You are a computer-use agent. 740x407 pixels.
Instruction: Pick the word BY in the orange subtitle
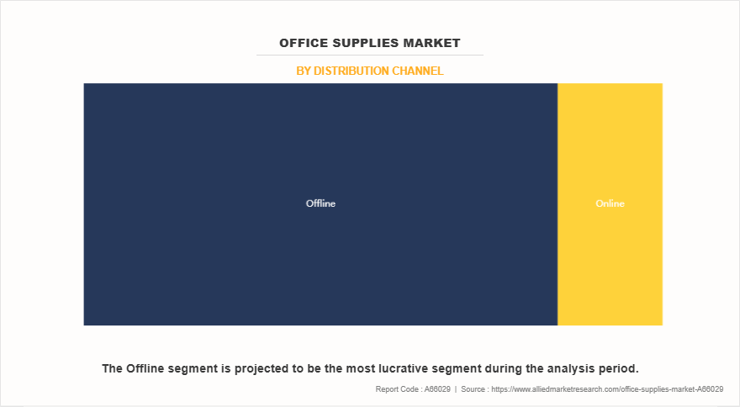[x=304, y=71]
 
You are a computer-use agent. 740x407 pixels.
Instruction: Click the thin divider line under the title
[x=370, y=55]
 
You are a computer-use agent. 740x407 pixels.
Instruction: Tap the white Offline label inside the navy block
[x=320, y=203]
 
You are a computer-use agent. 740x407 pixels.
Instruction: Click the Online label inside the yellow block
[x=610, y=203]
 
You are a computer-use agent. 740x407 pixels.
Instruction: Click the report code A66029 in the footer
[x=436, y=389]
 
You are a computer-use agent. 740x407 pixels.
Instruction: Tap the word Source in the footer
[x=474, y=389]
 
